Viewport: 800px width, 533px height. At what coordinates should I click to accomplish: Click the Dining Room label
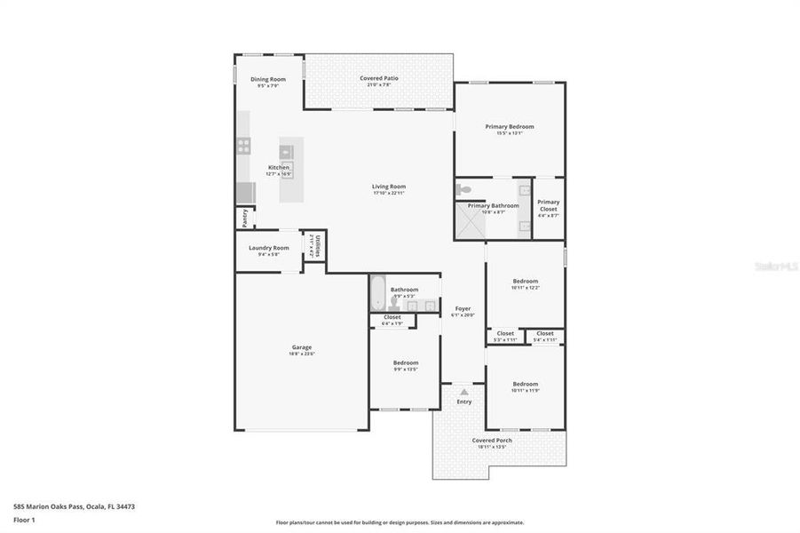pyautogui.click(x=267, y=79)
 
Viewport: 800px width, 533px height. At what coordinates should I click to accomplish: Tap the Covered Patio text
pyautogui.click(x=378, y=78)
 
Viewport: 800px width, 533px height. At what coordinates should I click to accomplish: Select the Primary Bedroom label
pyautogui.click(x=509, y=126)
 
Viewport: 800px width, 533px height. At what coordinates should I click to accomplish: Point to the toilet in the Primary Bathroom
pyautogui.click(x=463, y=188)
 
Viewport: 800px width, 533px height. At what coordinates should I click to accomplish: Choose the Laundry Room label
pyautogui.click(x=268, y=248)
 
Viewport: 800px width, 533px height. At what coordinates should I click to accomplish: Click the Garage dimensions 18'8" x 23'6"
pyautogui.click(x=301, y=354)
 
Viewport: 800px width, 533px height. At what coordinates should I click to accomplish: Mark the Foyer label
pyautogui.click(x=463, y=308)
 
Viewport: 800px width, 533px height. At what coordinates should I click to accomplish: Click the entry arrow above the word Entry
pyautogui.click(x=463, y=391)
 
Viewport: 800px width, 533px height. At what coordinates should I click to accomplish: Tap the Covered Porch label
pyautogui.click(x=491, y=440)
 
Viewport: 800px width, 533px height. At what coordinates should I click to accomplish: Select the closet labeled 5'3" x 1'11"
pyautogui.click(x=505, y=336)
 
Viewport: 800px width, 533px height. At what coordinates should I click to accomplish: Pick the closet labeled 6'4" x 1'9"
pyautogui.click(x=392, y=320)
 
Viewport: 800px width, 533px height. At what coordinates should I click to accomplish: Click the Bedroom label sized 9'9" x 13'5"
pyautogui.click(x=405, y=362)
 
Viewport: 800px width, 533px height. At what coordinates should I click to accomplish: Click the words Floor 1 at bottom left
pyautogui.click(x=24, y=519)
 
